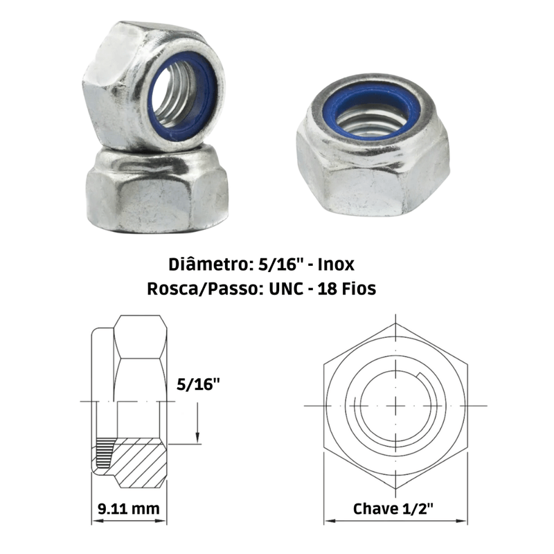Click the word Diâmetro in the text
pos(209,265)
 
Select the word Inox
pos(336,265)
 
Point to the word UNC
pos(286,289)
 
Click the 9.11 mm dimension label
pos(129,509)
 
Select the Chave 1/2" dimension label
pos(393,509)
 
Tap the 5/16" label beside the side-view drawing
pos(198,384)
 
